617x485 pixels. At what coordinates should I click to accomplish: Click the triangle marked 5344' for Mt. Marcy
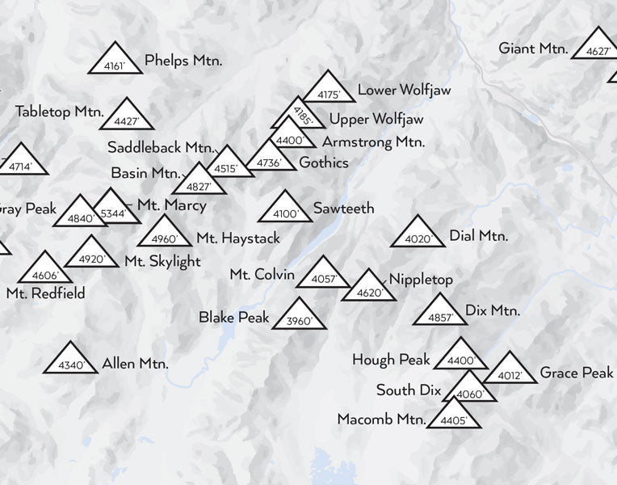115,209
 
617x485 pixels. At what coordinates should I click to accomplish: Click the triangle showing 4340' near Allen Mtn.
71,361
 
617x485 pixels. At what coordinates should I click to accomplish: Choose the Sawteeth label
343,209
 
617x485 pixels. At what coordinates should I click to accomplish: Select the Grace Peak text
577,373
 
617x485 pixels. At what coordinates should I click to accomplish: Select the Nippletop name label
421,280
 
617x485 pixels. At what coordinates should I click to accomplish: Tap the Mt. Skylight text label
162,261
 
